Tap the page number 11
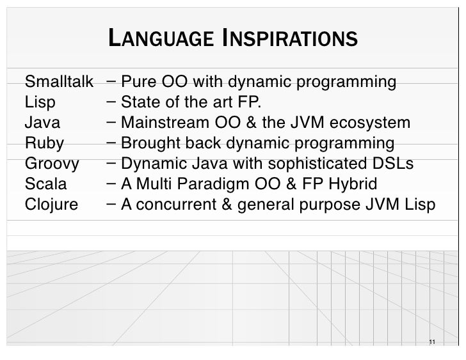coord(432,341)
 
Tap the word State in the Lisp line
coord(140,103)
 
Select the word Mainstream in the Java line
coord(161,123)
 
